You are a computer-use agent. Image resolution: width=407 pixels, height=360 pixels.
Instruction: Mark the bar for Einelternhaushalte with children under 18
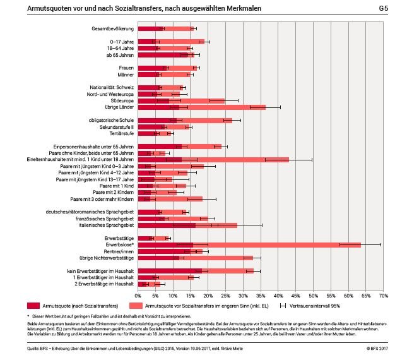pyautogui.click(x=213, y=159)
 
